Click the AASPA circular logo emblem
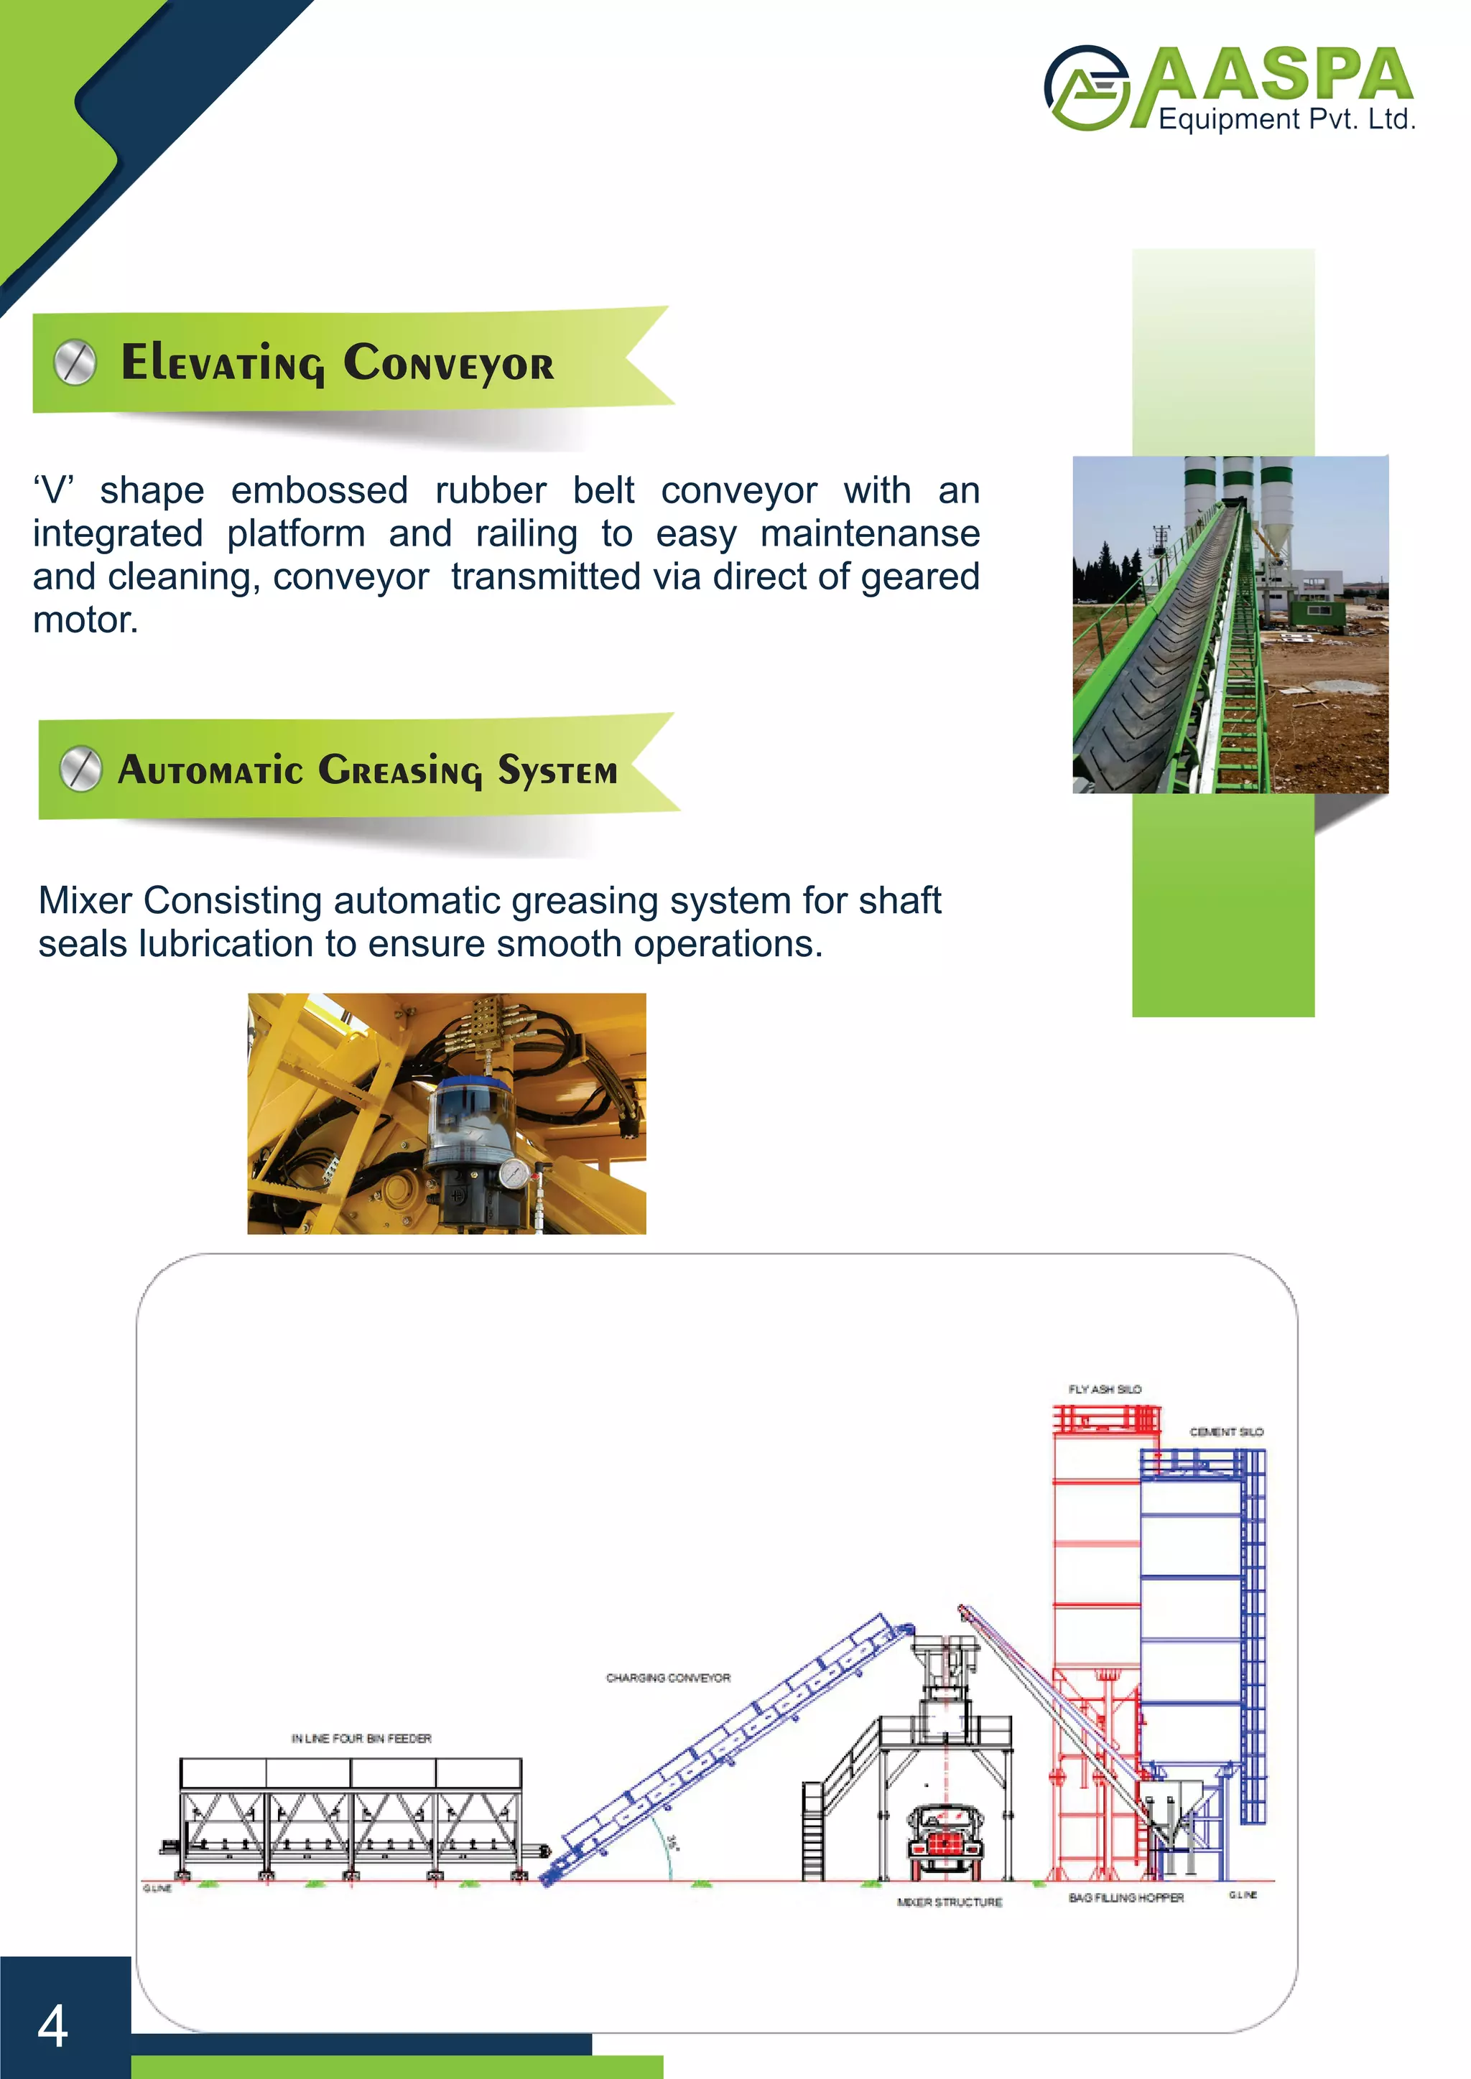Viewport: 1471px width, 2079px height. pyautogui.click(x=1087, y=88)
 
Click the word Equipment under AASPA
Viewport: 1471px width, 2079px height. pyautogui.click(x=1217, y=119)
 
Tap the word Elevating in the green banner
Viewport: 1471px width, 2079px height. pyautogui.click(x=222, y=363)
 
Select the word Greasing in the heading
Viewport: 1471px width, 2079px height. pyautogui.click(x=400, y=770)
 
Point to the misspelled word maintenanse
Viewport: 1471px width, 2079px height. pyautogui.click(x=870, y=533)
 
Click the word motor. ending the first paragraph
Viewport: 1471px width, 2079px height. pyautogui.click(x=85, y=620)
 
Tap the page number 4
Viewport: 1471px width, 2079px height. pyautogui.click(x=52, y=2026)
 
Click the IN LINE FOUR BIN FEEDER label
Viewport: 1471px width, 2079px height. pyautogui.click(x=361, y=1739)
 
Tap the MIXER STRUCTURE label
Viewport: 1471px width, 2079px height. pyautogui.click(x=950, y=1902)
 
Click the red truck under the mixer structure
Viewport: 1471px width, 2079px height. pyautogui.click(x=945, y=1838)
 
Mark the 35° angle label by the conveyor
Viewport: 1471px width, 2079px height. pyautogui.click(x=671, y=1841)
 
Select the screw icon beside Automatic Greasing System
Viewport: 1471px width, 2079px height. pyautogui.click(x=80, y=770)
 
